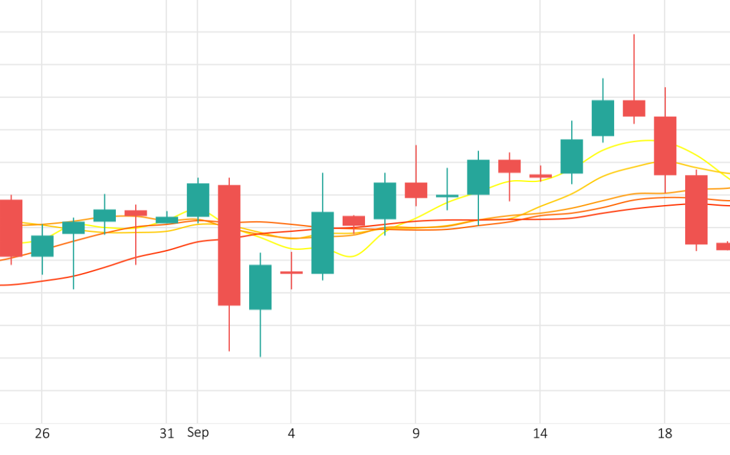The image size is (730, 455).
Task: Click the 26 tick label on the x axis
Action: pyautogui.click(x=42, y=434)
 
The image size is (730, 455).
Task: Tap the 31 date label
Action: pyautogui.click(x=166, y=434)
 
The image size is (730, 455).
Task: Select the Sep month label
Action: pyautogui.click(x=198, y=433)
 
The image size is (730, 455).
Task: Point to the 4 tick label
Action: pyautogui.click(x=291, y=434)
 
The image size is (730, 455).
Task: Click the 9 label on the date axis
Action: pyautogui.click(x=416, y=434)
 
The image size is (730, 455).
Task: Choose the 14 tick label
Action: pyautogui.click(x=540, y=434)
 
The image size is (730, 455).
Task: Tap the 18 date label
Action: pyautogui.click(x=665, y=434)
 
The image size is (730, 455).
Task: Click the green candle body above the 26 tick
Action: pyautogui.click(x=42, y=246)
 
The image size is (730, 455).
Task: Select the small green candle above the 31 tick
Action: pyautogui.click(x=167, y=220)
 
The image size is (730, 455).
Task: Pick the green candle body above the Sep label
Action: pyautogui.click(x=198, y=200)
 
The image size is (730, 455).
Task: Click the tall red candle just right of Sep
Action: pyautogui.click(x=229, y=245)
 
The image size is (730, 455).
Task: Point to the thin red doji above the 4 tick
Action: pyautogui.click(x=291, y=272)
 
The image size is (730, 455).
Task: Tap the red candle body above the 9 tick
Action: pyautogui.click(x=416, y=190)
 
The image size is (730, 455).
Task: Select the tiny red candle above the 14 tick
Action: pyautogui.click(x=540, y=176)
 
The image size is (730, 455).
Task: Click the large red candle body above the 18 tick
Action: pyautogui.click(x=665, y=145)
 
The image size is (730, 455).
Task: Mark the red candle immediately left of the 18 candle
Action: pyautogui.click(x=634, y=108)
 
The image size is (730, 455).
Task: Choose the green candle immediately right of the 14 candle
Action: pyautogui.click(x=572, y=156)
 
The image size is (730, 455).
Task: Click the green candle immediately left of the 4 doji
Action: pyautogui.click(x=261, y=287)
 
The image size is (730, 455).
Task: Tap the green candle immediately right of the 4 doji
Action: pyautogui.click(x=323, y=243)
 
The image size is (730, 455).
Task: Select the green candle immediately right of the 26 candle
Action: pyautogui.click(x=74, y=227)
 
